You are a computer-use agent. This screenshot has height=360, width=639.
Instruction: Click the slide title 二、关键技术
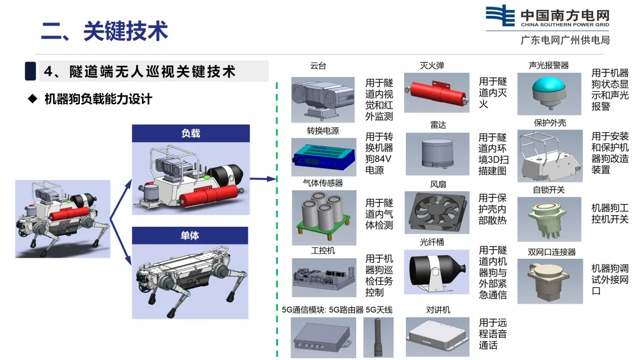[x=104, y=31]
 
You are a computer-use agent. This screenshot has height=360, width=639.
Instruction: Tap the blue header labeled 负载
[x=191, y=133]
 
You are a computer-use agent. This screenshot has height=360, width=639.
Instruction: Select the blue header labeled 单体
[x=190, y=236]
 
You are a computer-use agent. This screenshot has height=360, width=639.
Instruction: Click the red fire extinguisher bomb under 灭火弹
[x=437, y=93]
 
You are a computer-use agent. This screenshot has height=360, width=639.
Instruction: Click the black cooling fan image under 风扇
[x=437, y=213]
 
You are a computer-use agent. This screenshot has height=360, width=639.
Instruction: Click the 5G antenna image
[x=379, y=337]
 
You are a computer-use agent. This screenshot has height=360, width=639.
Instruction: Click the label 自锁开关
[x=548, y=189]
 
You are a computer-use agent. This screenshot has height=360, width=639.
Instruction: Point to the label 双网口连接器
[x=551, y=252]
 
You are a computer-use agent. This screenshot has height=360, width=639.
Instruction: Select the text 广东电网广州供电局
[x=565, y=40]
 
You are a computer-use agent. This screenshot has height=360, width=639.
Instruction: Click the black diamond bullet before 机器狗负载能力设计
[x=33, y=98]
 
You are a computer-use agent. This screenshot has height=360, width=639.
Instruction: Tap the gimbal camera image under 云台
[x=323, y=99]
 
